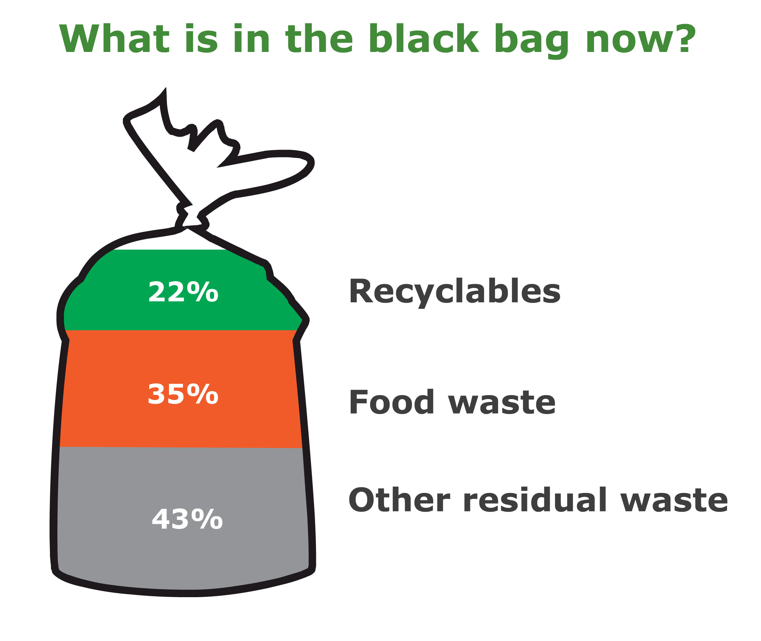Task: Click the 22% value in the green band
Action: [183, 292]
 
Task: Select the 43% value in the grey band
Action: [187, 519]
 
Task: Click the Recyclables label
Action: [454, 292]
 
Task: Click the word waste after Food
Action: [501, 403]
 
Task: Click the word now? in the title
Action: [641, 39]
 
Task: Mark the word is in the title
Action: [201, 39]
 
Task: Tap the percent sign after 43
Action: [207, 519]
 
